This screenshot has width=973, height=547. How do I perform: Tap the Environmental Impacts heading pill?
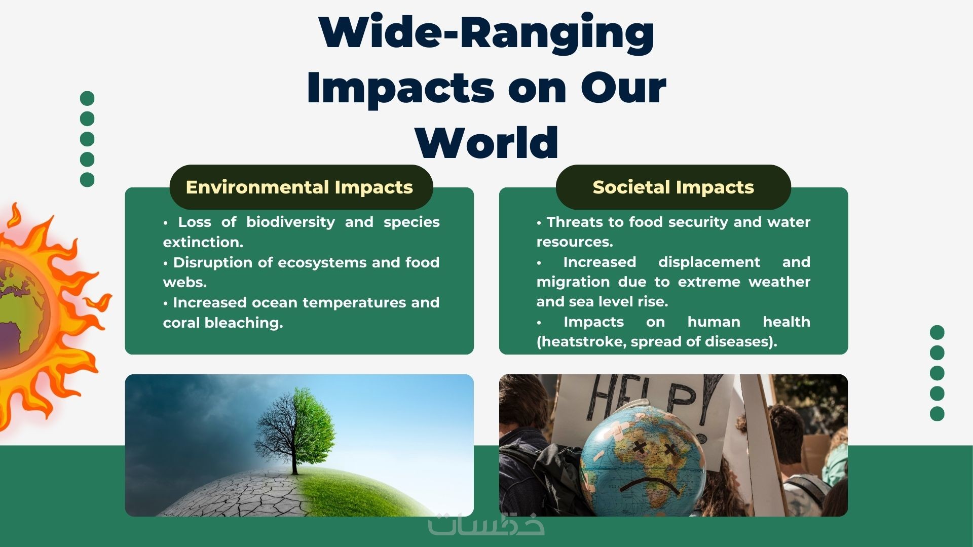[301, 187]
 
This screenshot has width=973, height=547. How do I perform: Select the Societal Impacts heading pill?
[673, 187]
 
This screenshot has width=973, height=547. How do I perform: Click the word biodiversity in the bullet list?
[290, 222]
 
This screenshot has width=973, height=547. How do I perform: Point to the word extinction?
[203, 242]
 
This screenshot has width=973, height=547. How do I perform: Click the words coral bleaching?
[223, 323]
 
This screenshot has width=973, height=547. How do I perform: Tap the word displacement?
[709, 262]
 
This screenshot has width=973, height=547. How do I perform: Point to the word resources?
[575, 242]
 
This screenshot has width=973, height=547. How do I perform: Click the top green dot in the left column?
[87, 98]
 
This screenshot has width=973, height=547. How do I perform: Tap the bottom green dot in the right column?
[937, 414]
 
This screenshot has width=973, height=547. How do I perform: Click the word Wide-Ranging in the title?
[486, 33]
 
